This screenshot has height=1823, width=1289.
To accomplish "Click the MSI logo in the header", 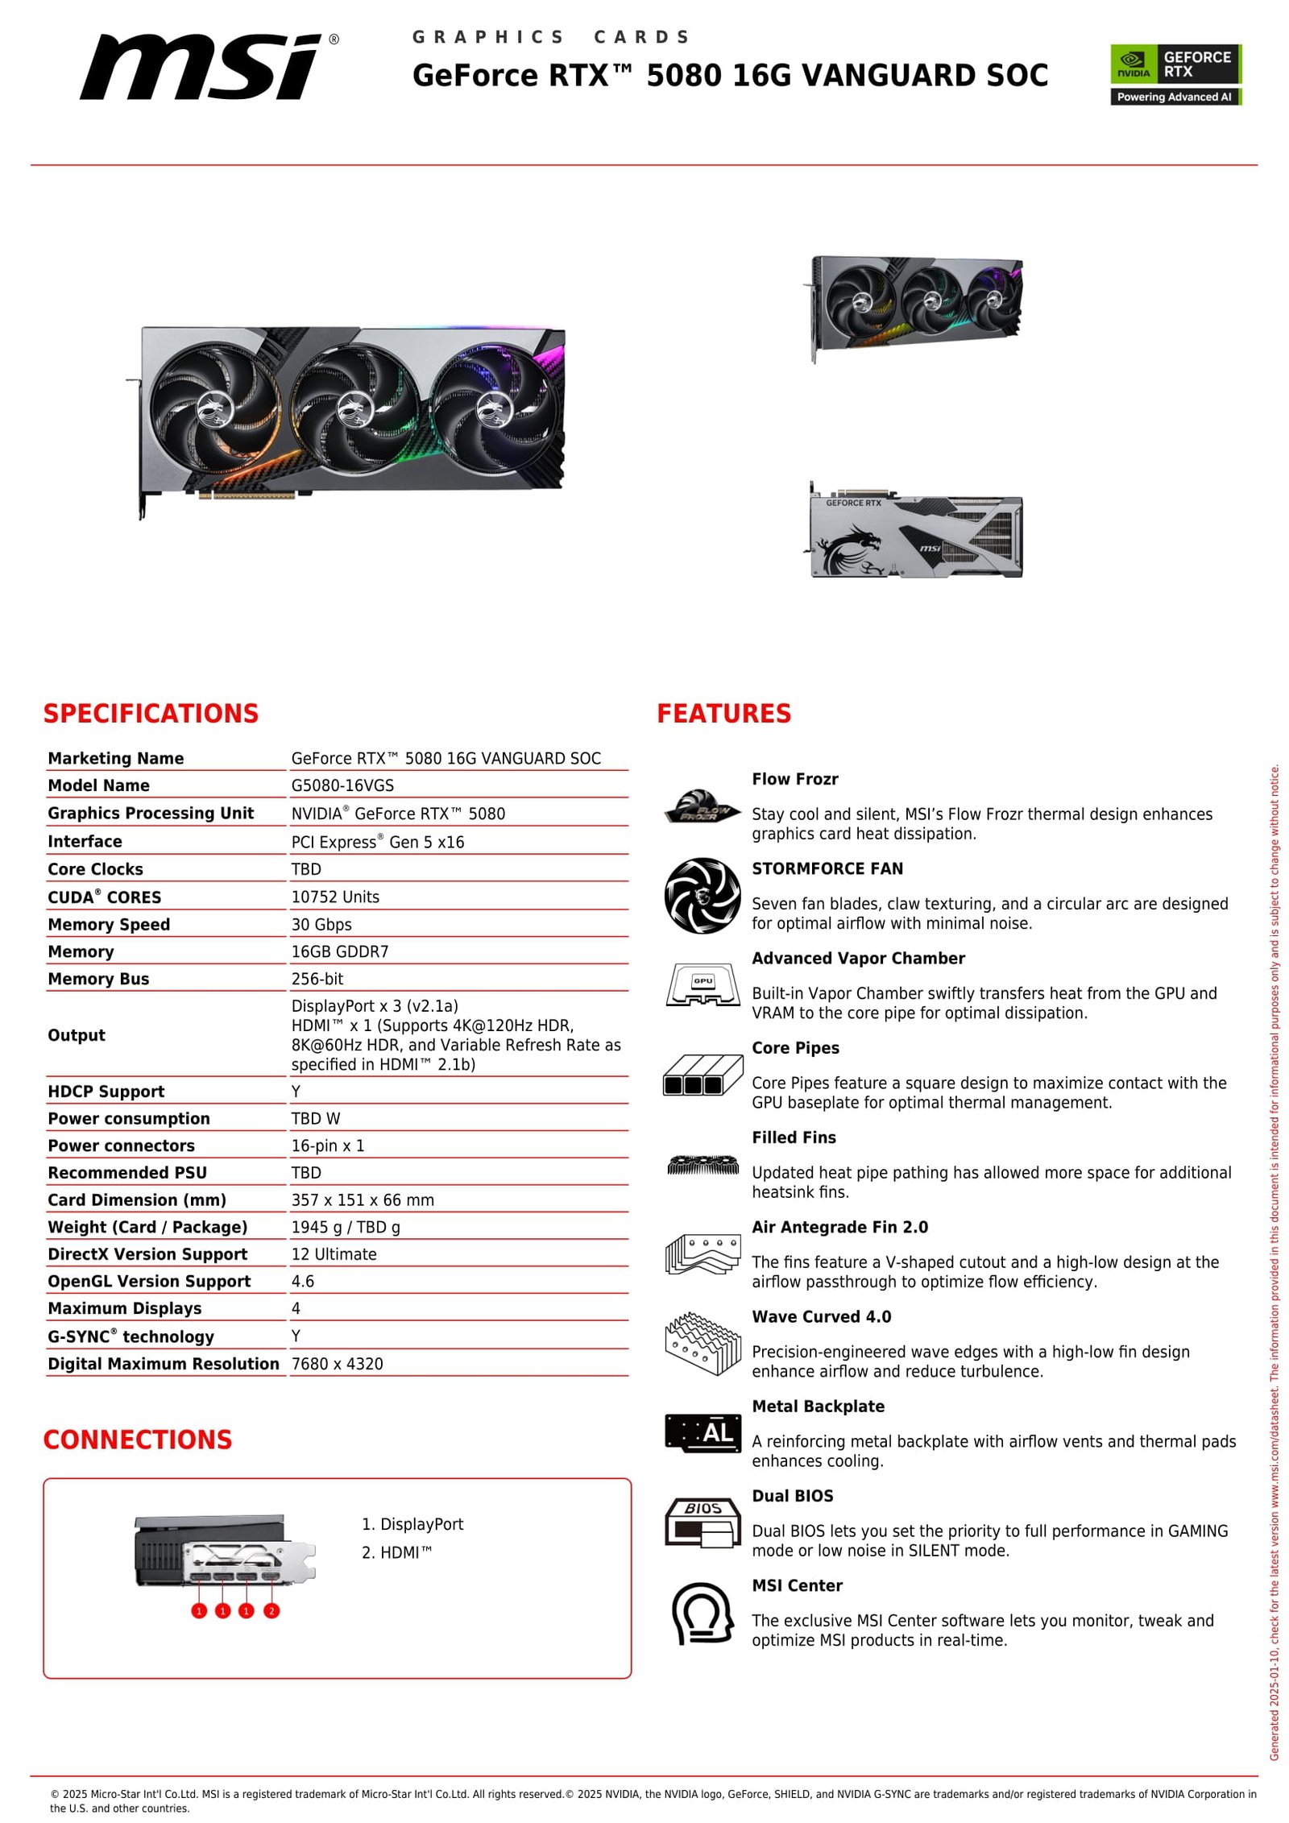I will pyautogui.click(x=208, y=68).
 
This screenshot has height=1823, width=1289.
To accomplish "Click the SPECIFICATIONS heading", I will pyautogui.click(x=151, y=713).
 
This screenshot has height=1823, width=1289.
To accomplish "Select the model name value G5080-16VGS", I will pyautogui.click(x=342, y=785).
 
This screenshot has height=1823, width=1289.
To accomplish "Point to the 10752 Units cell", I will pyautogui.click(x=335, y=897).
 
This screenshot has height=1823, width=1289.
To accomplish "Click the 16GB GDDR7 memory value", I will pyautogui.click(x=339, y=951).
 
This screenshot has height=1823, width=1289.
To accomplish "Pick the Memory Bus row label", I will pyautogui.click(x=98, y=979).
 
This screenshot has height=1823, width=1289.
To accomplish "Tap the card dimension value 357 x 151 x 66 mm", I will pyautogui.click(x=363, y=1199).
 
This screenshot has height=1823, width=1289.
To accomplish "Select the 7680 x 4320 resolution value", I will pyautogui.click(x=337, y=1364).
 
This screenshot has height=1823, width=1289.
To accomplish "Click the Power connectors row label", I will pyautogui.click(x=121, y=1146).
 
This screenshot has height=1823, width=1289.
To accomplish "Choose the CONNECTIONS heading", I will pyautogui.click(x=138, y=1440).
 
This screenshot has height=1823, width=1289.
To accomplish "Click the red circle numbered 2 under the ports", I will pyautogui.click(x=271, y=1611).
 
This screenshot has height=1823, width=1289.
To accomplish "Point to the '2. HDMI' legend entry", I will pyautogui.click(x=396, y=1552).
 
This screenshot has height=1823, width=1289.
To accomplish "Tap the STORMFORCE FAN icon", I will pyautogui.click(x=702, y=895).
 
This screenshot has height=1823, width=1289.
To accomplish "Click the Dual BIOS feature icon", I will pyautogui.click(x=703, y=1522).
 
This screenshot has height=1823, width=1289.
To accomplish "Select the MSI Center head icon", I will pyautogui.click(x=702, y=1613).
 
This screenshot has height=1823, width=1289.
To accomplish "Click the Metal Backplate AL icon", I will pyautogui.click(x=703, y=1432).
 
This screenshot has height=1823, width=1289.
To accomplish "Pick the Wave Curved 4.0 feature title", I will pyautogui.click(x=821, y=1316).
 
